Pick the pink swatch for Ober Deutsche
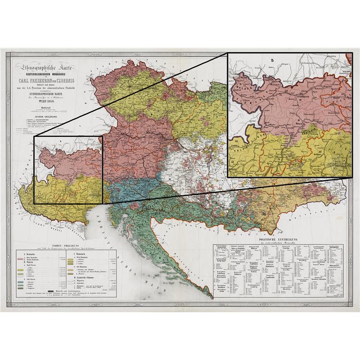(20, 259)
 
